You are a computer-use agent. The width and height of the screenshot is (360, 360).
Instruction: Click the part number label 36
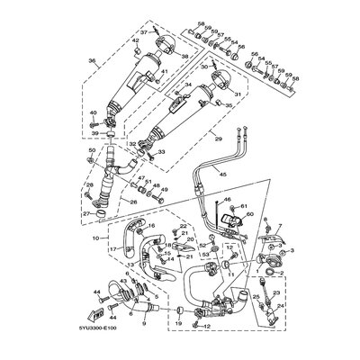89,61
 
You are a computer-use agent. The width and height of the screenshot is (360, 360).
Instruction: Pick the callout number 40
92,112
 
